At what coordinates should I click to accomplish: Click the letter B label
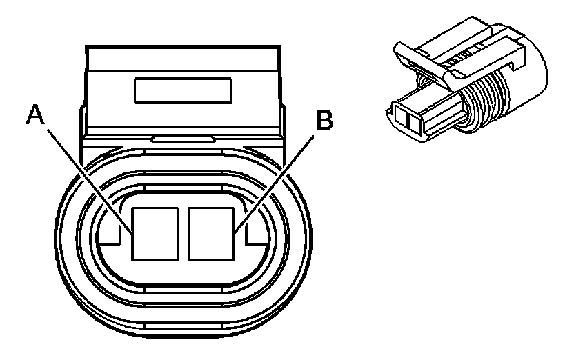324,121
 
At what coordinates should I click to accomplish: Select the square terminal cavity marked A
156,232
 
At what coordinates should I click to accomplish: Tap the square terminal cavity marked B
210,232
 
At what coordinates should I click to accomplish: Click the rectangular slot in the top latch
183,89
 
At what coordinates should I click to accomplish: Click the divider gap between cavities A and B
183,232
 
